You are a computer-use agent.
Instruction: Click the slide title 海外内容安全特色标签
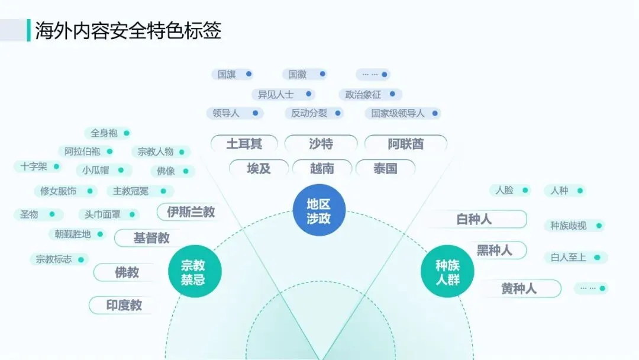(128, 30)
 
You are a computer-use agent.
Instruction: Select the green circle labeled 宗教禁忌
(193, 272)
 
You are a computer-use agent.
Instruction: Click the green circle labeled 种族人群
(447, 272)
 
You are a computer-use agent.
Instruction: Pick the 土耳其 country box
(244, 144)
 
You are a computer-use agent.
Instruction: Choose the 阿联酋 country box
(405, 144)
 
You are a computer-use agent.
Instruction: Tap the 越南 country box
(322, 169)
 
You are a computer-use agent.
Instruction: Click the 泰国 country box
(385, 169)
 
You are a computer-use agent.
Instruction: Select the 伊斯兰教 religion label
(191, 212)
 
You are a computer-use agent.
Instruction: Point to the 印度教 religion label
(124, 306)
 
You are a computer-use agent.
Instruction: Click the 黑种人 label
(494, 250)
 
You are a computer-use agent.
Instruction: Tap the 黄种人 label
(519, 289)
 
